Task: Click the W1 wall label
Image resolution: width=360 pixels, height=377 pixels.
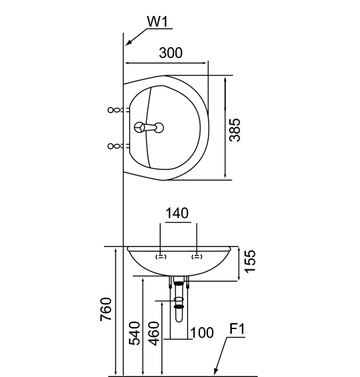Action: (157, 22)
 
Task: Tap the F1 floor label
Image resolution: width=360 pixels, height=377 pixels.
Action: (237, 329)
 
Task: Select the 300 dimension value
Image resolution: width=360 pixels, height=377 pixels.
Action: (171, 53)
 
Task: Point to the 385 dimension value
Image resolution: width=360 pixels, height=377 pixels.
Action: (234, 130)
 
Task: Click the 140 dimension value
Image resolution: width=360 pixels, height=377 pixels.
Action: (177, 213)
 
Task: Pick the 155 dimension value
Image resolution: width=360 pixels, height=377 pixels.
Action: (250, 261)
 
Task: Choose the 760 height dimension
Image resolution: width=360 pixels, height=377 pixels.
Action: (106, 309)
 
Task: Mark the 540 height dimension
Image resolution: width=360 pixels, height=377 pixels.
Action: (134, 333)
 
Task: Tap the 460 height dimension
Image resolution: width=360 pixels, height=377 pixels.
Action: (153, 333)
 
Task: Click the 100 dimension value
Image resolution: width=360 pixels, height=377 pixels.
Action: (202, 333)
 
